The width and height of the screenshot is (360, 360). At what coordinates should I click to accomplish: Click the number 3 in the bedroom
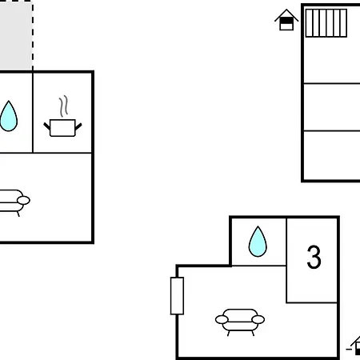[314, 257]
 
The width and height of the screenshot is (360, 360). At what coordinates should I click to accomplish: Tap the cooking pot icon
[62, 128]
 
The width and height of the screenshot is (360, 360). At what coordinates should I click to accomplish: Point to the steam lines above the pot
[63, 106]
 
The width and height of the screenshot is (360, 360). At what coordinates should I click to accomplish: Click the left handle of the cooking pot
[47, 126]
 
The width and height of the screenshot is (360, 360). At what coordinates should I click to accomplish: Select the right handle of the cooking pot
[78, 126]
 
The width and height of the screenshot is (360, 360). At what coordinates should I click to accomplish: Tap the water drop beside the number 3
[258, 242]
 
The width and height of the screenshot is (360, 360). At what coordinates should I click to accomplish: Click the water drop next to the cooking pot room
[9, 116]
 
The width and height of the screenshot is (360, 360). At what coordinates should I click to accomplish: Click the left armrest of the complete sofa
[222, 319]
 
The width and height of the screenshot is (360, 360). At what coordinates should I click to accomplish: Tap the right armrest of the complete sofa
[258, 319]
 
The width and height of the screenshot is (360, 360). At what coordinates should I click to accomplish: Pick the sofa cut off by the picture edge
[14, 202]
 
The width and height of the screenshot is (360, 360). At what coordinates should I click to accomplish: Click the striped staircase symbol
[326, 23]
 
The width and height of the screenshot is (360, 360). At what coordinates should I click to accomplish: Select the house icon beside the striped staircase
[286, 20]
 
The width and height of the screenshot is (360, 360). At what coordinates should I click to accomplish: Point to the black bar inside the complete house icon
[286, 21]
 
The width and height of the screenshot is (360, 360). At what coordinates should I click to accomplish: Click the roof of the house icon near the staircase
[286, 14]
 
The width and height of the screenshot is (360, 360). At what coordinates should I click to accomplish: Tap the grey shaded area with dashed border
[16, 35]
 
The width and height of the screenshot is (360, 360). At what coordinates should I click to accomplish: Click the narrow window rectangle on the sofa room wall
[177, 296]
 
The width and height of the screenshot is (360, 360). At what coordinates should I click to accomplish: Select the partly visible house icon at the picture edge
[354, 346]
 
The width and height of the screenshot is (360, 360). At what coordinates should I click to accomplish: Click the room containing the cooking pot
[62, 113]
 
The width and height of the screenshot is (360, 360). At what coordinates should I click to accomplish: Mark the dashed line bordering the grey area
[33, 35]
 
